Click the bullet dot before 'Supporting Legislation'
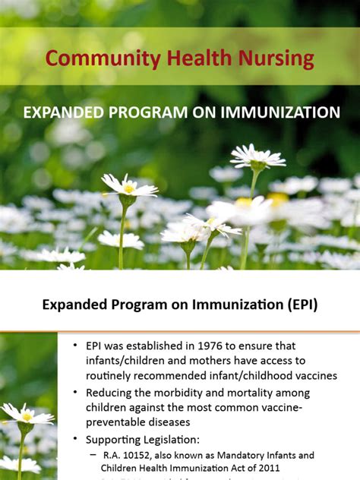coord(75,440)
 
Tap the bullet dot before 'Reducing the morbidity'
coord(75,393)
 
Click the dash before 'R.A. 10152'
coord(93,456)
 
